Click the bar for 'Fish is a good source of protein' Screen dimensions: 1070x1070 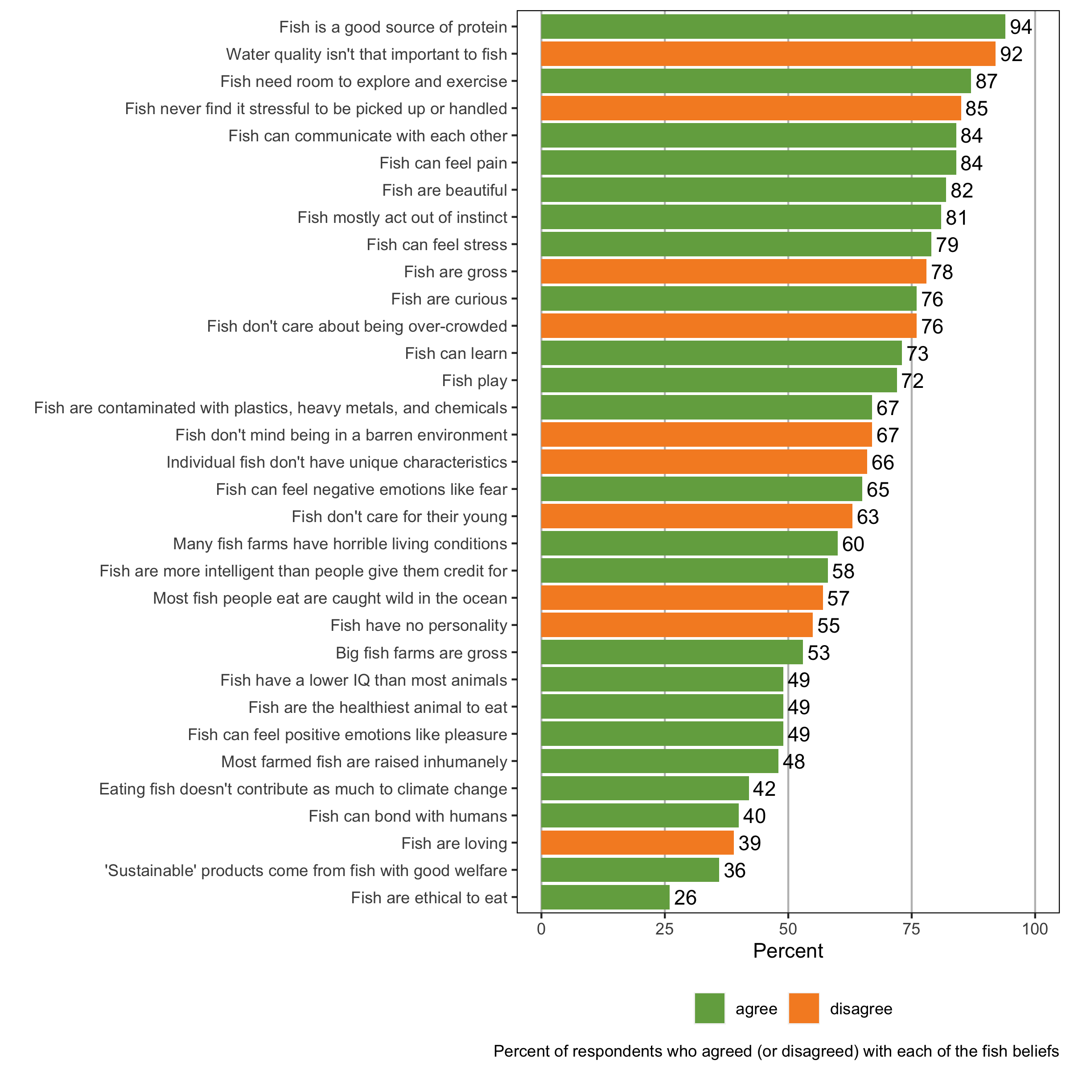point(773,27)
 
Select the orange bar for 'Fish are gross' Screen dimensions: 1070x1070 point(733,272)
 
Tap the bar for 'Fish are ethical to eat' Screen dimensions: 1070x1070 point(605,897)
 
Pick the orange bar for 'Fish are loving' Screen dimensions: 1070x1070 point(637,843)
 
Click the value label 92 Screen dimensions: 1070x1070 point(1011,54)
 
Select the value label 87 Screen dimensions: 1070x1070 point(986,82)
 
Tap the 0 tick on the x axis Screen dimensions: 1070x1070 point(541,929)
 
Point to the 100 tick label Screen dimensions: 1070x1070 point(1034,929)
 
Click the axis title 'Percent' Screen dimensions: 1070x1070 point(787,951)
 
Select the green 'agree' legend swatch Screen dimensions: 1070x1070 point(709,1008)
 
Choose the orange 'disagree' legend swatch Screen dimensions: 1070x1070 point(803,1008)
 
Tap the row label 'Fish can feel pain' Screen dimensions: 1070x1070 point(443,163)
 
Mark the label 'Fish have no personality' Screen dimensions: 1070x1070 point(419,625)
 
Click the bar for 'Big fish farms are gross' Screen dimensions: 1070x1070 point(672,652)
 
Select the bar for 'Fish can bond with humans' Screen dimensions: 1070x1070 point(640,816)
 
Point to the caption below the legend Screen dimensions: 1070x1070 point(776,1051)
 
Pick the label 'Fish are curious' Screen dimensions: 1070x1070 point(449,299)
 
